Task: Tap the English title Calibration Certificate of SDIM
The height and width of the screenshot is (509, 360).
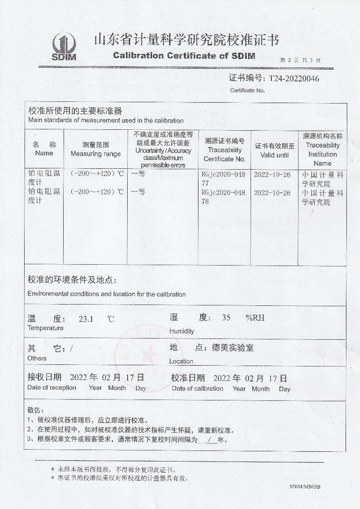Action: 184,56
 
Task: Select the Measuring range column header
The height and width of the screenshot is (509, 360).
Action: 96,149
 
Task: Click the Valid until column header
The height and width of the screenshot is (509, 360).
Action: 274,150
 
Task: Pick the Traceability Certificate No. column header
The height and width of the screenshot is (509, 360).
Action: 225,150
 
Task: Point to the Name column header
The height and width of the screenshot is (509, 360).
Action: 44,149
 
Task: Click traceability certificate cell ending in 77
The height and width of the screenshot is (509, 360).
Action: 223,179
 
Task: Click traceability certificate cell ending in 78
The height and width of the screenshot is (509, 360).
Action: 223,197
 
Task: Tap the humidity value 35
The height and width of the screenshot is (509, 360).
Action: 226,317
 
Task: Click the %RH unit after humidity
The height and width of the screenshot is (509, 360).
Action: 255,317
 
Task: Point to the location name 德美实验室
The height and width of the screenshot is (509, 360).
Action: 232,348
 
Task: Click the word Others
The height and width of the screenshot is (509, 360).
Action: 37,358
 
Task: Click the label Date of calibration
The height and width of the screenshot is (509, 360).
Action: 197,388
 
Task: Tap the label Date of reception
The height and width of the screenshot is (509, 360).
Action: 52,387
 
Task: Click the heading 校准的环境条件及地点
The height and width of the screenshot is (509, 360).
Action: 71,280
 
